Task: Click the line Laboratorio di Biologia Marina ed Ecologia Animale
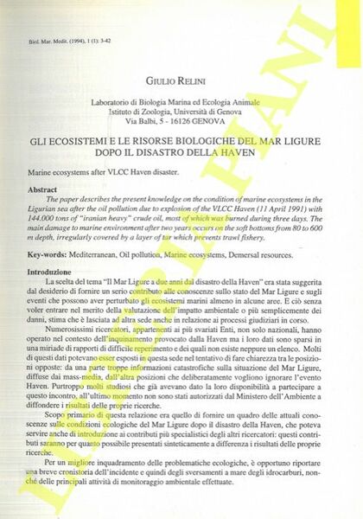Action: (x=182, y=102)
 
